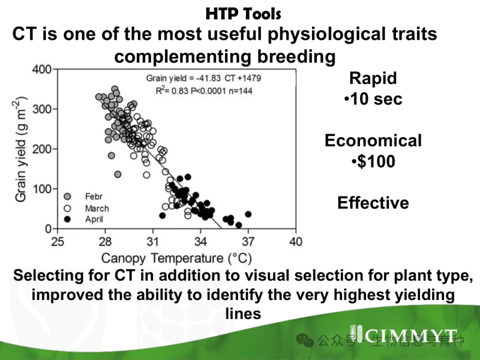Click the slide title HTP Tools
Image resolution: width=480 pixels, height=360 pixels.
(x=243, y=14)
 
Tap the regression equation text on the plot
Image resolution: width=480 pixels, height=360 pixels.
(x=204, y=78)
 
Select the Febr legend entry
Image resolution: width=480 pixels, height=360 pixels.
(x=94, y=197)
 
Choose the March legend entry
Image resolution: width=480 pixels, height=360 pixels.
(x=97, y=208)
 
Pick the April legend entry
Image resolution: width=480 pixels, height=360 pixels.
(x=94, y=219)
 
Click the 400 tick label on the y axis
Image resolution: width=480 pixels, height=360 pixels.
(x=42, y=69)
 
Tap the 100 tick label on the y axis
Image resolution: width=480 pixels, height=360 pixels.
(x=42, y=189)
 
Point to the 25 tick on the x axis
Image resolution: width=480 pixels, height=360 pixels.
(x=58, y=241)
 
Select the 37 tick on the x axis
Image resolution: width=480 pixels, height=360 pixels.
(x=248, y=241)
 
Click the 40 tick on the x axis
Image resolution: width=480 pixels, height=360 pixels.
(x=296, y=241)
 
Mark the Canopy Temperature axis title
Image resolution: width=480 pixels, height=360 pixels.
(x=176, y=258)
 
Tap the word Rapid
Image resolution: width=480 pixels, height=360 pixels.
(x=373, y=78)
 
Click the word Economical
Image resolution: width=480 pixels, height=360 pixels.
(x=373, y=140)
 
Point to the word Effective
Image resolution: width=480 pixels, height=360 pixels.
(x=373, y=203)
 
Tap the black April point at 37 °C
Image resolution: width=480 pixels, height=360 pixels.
(x=248, y=214)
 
